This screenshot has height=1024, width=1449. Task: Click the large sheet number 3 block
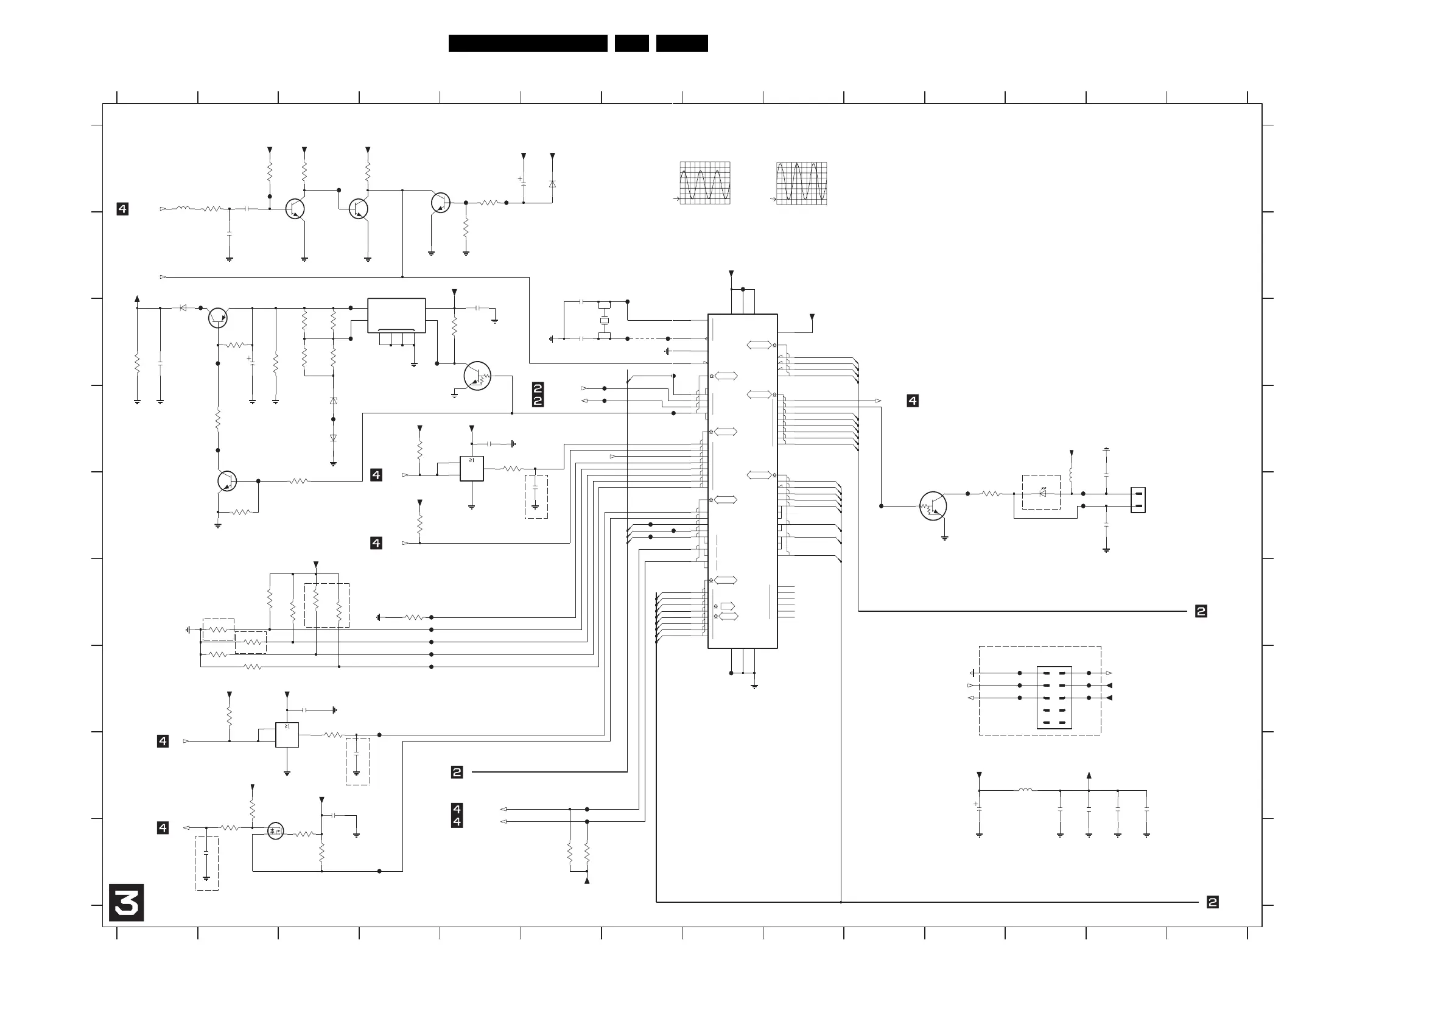coord(126,902)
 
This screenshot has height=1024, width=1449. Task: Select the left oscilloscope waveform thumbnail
coord(705,183)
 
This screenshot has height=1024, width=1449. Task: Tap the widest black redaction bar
coord(528,43)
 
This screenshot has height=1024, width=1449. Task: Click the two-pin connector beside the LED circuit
coord(1138,500)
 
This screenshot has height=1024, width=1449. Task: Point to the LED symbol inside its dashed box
coord(1042,493)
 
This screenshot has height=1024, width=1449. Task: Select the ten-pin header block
coord(1054,698)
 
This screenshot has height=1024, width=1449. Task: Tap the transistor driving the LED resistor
coord(933,506)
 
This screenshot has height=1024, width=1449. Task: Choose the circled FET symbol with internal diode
coord(275,831)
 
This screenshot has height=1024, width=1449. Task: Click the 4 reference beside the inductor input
coord(122,209)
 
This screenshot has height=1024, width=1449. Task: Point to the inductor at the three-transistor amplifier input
coord(183,208)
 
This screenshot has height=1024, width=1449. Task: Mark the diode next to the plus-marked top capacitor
coord(552,184)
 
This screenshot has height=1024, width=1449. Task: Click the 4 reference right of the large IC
coord(913,401)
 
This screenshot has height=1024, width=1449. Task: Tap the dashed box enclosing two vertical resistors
coord(327,606)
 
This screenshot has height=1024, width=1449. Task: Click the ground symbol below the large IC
coord(754,687)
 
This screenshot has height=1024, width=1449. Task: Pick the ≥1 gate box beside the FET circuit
coord(287,735)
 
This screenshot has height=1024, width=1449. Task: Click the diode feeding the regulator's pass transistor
coord(183,308)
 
